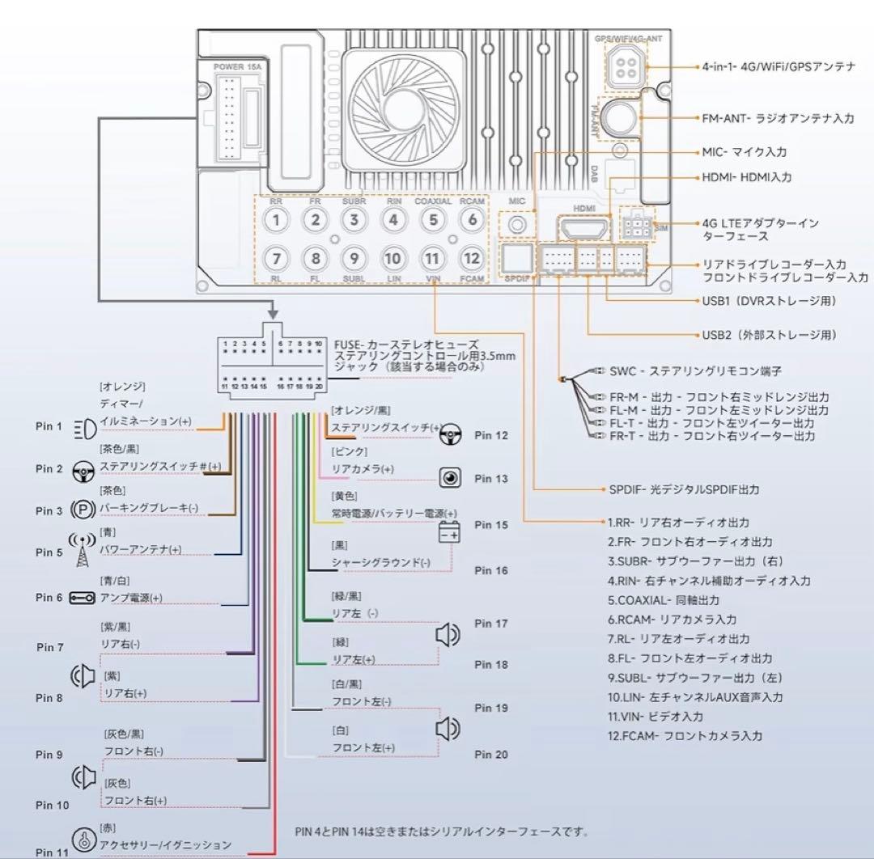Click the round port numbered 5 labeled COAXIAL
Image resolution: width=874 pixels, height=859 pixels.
point(433,219)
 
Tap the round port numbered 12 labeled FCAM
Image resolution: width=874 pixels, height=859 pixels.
point(471,259)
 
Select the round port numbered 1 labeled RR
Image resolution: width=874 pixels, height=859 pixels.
point(277,219)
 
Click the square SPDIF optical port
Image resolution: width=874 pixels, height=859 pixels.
point(517,258)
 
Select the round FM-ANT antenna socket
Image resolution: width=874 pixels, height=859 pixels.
point(621,117)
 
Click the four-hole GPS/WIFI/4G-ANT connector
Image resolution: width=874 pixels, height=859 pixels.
point(625,68)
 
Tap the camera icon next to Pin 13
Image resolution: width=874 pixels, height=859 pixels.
point(450,478)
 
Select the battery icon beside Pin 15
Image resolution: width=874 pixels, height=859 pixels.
point(449,533)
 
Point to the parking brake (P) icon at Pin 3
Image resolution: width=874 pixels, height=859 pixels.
point(83,510)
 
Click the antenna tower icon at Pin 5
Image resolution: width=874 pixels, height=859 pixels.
point(82,550)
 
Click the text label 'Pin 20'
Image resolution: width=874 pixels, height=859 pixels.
point(491,755)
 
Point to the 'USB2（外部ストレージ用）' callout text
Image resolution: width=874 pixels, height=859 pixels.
point(769,334)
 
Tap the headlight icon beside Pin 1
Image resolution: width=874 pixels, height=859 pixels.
point(83,426)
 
